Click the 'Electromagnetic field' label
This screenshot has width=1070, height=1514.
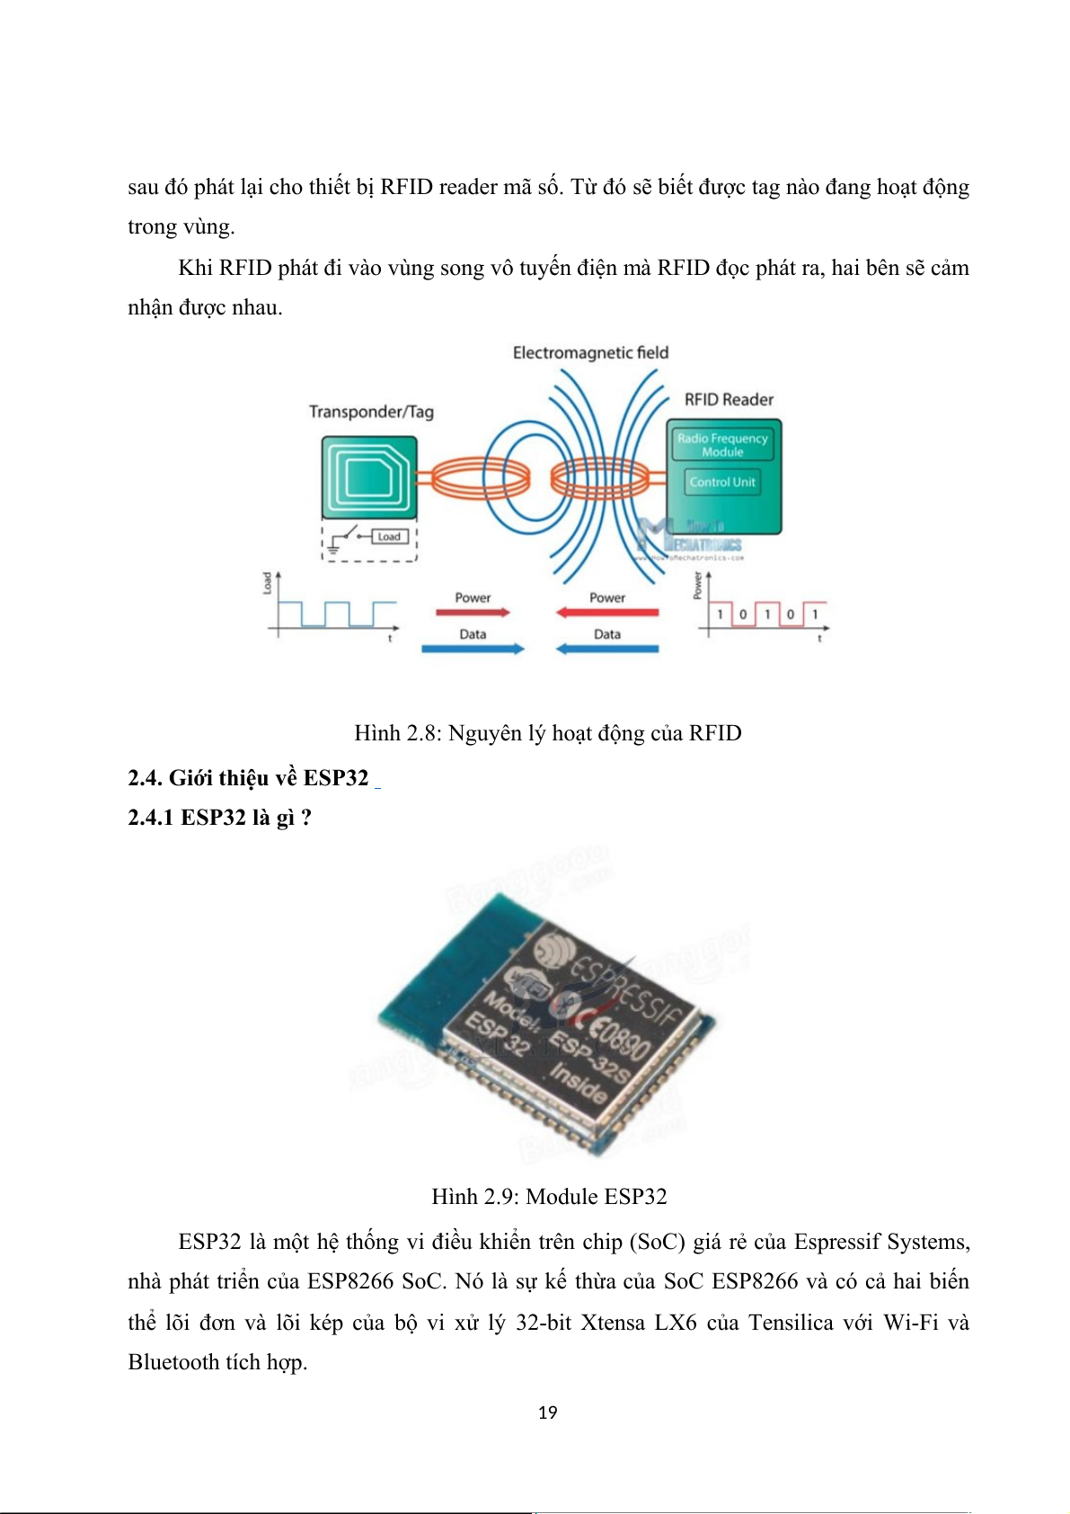590,353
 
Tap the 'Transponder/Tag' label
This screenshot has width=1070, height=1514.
371,412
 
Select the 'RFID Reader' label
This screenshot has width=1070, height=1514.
729,400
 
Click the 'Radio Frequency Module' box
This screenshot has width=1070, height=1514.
722,445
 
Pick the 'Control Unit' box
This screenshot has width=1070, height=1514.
722,482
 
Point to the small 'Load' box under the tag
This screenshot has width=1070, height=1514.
389,536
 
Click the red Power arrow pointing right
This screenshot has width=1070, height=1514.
473,613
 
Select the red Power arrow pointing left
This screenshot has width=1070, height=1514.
607,613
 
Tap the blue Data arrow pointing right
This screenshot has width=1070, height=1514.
473,649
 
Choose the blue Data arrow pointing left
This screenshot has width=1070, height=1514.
607,649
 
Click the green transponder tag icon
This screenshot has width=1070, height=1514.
369,477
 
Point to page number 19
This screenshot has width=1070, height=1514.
547,1412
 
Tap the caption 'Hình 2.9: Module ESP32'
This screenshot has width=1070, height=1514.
549,1197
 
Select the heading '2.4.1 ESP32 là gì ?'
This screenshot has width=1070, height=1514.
219,818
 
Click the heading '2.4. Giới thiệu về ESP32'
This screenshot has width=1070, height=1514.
248,778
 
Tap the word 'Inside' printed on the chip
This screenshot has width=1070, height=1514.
579,1085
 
